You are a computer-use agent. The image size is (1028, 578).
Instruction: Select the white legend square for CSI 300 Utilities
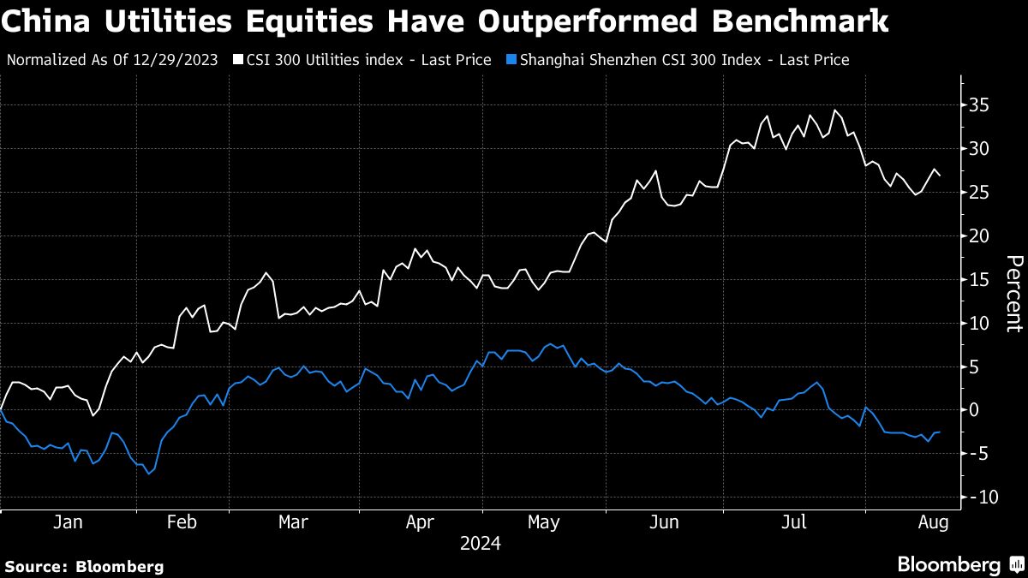(x=236, y=60)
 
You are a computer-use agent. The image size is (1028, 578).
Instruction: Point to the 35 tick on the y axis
(x=978, y=105)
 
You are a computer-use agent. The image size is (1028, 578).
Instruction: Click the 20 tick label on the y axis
(x=978, y=235)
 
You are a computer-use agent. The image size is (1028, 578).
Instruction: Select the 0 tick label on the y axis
(x=974, y=409)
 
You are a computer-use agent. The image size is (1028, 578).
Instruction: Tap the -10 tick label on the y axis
(x=982, y=497)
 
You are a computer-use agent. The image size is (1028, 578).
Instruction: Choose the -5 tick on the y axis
(x=978, y=453)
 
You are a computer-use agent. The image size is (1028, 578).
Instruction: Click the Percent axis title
(x=1013, y=293)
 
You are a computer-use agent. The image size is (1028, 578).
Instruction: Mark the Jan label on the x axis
(x=68, y=521)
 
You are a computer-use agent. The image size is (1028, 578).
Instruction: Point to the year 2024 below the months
(x=480, y=544)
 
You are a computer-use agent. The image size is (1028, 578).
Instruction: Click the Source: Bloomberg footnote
(x=84, y=566)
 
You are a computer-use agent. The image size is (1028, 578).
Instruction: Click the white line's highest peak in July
(x=834, y=110)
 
